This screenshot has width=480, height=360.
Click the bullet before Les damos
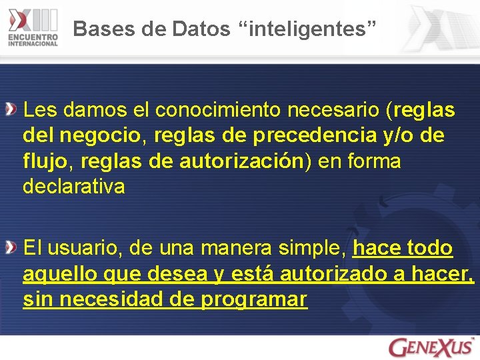(11, 108)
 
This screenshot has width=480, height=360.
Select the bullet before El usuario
(11, 248)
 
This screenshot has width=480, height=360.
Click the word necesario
(341, 109)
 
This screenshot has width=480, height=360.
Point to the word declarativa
(73, 187)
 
